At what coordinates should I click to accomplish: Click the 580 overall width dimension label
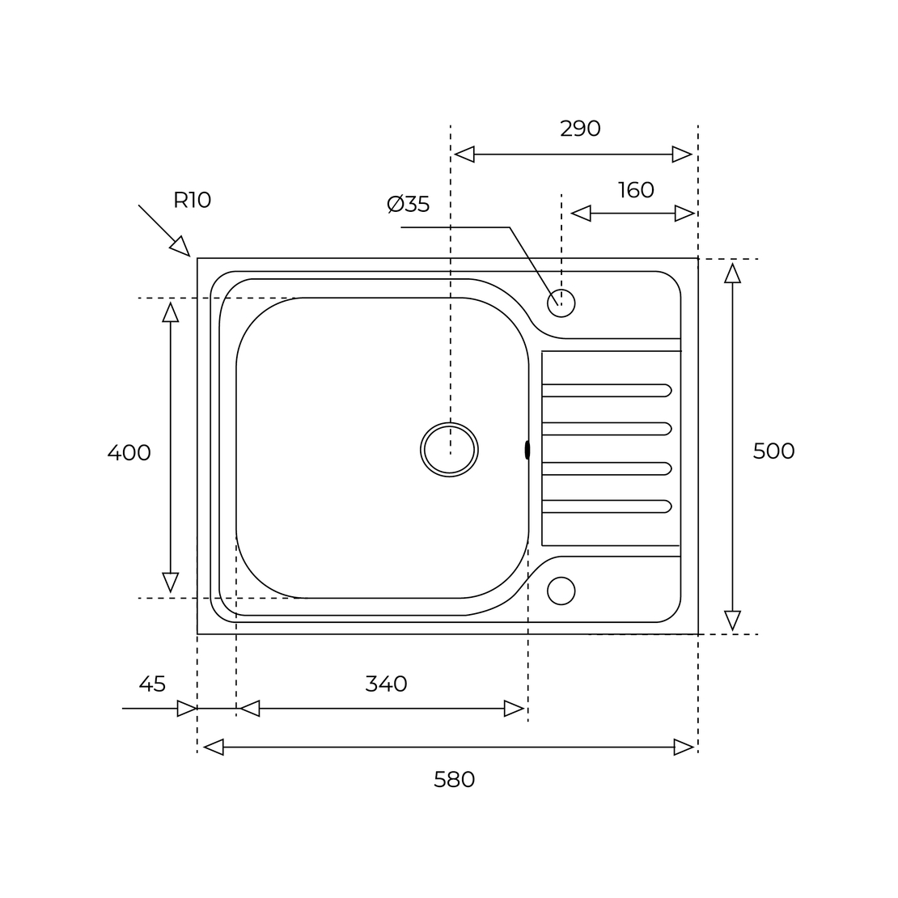point(454,779)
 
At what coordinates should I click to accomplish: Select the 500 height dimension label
point(773,451)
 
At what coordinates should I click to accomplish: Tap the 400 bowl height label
point(129,453)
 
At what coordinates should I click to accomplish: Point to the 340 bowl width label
point(386,684)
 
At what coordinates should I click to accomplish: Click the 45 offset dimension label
point(152,684)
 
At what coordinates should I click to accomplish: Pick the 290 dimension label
point(580,129)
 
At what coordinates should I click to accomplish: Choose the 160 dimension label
point(636,190)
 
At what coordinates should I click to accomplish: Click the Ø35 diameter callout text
point(409,204)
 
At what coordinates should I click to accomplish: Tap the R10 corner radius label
point(193,201)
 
